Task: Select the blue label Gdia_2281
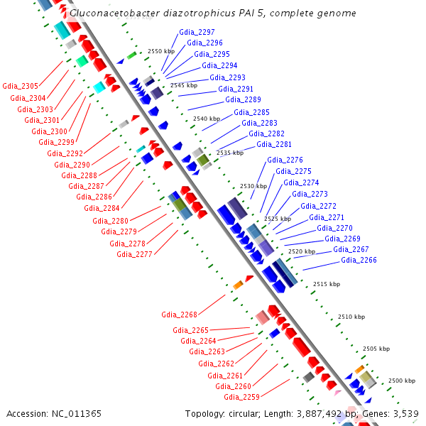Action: click(274, 144)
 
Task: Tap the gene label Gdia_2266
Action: click(359, 260)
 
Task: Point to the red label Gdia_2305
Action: click(21, 87)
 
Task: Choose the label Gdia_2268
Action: click(180, 314)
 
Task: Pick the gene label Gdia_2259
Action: click(242, 397)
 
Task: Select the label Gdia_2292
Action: click(65, 153)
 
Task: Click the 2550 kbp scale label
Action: click(161, 52)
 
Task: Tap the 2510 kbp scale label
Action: click(351, 317)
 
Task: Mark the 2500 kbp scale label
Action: click(401, 381)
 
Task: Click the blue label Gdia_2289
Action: click(244, 99)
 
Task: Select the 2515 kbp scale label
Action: click(327, 284)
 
